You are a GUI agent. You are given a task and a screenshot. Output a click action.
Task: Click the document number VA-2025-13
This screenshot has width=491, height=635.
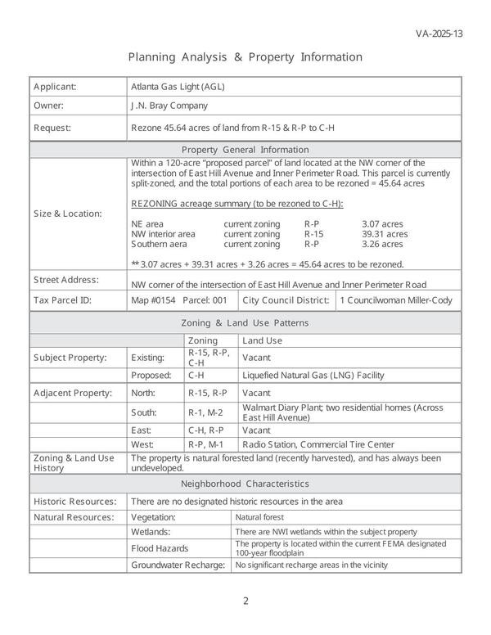coord(439,34)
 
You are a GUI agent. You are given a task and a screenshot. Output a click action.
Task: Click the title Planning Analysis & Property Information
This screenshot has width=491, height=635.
coord(245,57)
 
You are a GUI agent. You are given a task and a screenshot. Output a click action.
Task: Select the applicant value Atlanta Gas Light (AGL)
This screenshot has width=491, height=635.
coord(178,86)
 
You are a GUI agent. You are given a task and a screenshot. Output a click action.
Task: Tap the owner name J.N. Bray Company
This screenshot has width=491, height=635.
coord(169,106)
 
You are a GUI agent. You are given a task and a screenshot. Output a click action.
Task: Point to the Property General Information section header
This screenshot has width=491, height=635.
coord(245,150)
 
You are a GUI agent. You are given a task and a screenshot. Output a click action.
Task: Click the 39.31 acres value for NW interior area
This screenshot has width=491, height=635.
coord(384,234)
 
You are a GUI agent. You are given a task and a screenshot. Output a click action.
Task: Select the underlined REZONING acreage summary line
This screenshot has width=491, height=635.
coord(237,204)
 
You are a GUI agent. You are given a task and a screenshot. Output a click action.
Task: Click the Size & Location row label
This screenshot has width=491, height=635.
coord(68,214)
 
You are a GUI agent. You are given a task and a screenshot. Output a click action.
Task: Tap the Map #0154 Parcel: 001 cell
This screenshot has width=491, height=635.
coord(178,300)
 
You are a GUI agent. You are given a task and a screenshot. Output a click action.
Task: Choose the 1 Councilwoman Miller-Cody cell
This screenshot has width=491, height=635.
coord(395,300)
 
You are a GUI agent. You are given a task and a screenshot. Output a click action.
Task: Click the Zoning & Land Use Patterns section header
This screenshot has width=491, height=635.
coord(245,322)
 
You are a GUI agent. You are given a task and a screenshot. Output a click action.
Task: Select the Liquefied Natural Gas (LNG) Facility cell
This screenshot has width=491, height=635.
coord(313,376)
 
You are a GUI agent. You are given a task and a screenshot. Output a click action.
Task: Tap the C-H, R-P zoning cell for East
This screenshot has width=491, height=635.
coord(206,430)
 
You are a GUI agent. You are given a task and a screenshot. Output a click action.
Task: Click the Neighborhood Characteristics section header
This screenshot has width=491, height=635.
coord(245,484)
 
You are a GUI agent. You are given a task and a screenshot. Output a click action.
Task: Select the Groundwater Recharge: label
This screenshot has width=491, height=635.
coord(178,565)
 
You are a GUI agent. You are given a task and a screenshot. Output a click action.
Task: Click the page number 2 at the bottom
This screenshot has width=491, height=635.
coord(245,601)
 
